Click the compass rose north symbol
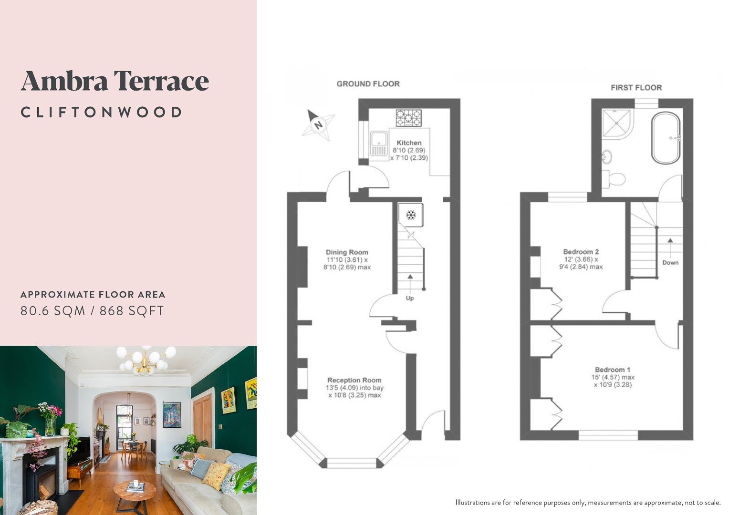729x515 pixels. [317, 125]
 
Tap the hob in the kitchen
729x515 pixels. [408, 118]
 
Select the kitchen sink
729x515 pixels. [379, 144]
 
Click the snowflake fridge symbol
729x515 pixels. [410, 216]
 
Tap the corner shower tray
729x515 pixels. [617, 123]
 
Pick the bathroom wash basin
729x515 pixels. [607, 156]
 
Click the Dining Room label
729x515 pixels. [347, 252]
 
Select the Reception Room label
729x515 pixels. [354, 380]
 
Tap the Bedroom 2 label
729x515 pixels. [581, 252]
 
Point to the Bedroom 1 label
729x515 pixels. [613, 370]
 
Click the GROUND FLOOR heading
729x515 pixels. [368, 84]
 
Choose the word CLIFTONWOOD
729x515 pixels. [101, 113]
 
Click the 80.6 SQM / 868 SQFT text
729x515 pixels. [92, 311]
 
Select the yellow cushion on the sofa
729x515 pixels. [216, 475]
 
